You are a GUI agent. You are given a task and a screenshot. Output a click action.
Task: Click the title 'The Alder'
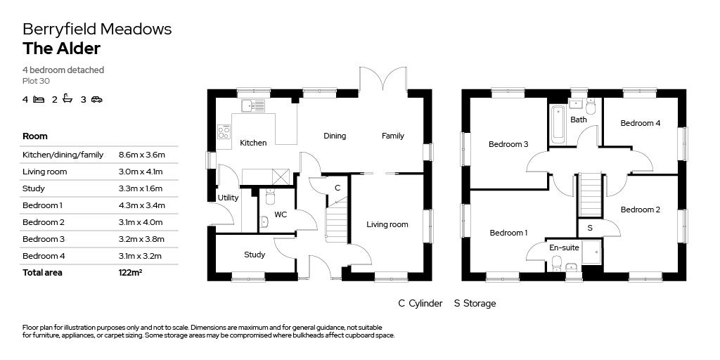coord(61,49)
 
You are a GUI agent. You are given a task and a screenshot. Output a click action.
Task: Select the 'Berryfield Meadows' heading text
coord(97,29)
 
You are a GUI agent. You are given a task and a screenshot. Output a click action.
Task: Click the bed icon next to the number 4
coord(39,99)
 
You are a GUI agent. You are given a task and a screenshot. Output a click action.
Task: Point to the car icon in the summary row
coord(96,99)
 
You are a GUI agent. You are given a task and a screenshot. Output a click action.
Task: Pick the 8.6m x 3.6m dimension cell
coord(141,155)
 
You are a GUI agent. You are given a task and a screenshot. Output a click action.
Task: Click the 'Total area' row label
coord(42,273)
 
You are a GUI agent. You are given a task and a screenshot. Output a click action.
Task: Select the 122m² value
coord(131,273)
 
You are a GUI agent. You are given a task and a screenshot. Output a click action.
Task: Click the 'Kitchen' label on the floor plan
coord(253,143)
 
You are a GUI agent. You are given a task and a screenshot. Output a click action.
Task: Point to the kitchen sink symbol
coord(252,105)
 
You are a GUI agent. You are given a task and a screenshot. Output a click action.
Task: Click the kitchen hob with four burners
coord(224,131)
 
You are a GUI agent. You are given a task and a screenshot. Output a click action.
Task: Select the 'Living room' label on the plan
coord(387,225)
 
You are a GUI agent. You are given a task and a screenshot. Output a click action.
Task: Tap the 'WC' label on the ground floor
coord(281,214)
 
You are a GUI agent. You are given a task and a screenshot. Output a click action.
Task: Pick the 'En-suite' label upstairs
coord(564,247)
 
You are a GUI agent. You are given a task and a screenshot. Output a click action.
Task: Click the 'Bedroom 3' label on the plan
coord(508,144)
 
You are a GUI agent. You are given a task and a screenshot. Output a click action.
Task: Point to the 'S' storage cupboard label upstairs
coord(589,229)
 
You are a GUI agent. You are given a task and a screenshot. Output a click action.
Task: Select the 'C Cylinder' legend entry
coord(420,304)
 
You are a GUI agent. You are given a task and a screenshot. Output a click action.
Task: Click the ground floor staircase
coord(337,221)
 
